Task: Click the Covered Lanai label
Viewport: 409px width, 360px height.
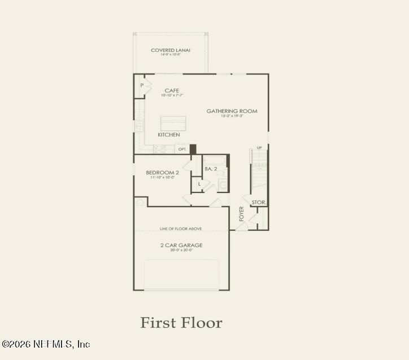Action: [170, 50]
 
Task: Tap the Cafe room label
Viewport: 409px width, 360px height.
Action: [172, 90]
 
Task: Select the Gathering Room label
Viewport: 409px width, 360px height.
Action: [232, 111]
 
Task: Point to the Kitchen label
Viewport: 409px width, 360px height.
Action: [169, 135]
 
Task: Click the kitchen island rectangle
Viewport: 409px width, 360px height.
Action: [173, 123]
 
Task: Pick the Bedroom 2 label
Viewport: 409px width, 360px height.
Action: [162, 172]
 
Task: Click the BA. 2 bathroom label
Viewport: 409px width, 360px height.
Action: [211, 169]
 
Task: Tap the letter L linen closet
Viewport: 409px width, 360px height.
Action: [199, 184]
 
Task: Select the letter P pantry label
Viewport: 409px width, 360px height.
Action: [142, 86]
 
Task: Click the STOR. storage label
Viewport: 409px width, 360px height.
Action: [259, 202]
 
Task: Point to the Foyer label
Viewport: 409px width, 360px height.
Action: [241, 213]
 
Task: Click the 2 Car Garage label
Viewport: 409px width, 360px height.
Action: [181, 245]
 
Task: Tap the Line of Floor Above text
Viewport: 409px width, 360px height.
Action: [181, 229]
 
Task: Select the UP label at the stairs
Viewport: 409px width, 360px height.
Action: [259, 148]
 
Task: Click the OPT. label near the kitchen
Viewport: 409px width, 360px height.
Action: [182, 150]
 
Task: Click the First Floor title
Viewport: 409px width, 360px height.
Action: [181, 323]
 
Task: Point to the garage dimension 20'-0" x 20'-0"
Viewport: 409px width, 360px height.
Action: [181, 250]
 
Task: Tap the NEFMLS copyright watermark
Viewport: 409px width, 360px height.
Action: [46, 344]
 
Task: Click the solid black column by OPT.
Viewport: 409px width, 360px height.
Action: [193, 149]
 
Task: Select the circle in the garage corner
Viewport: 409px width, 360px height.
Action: [140, 202]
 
